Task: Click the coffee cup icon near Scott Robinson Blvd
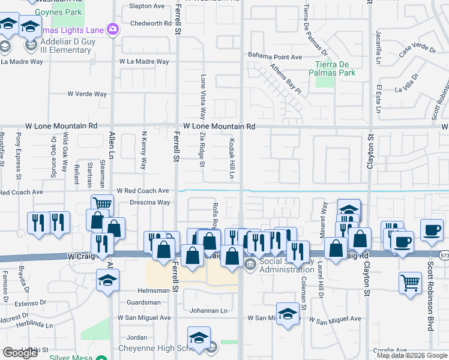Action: click(x=431, y=229)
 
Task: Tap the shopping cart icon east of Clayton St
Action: click(x=410, y=281)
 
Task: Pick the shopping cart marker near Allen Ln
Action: click(x=102, y=204)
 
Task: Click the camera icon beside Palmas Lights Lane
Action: click(x=112, y=28)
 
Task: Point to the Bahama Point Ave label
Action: click(x=276, y=56)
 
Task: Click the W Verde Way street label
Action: click(x=87, y=94)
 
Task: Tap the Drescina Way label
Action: click(x=146, y=203)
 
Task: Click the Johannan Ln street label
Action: click(x=209, y=311)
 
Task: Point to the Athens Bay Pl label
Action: click(x=285, y=79)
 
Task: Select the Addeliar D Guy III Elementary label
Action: click(x=66, y=46)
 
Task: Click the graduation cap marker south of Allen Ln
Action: click(x=107, y=280)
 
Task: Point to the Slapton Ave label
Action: click(x=146, y=6)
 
